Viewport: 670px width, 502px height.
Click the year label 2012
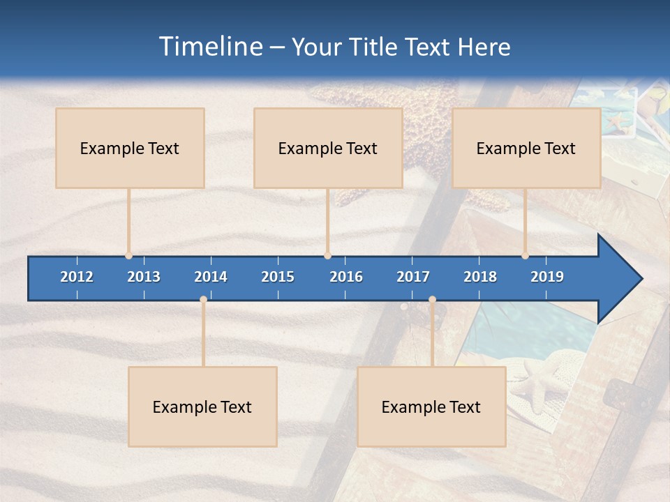(x=77, y=277)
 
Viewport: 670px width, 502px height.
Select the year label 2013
(x=144, y=277)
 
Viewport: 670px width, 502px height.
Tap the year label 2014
(x=211, y=277)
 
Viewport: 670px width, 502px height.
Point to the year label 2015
(x=278, y=277)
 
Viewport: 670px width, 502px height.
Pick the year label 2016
(x=346, y=277)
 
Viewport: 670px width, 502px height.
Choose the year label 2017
(x=413, y=277)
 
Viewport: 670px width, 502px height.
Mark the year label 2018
(x=480, y=277)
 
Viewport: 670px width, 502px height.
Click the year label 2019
(x=547, y=277)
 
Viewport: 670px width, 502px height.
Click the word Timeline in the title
(x=210, y=47)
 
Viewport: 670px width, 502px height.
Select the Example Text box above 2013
(x=130, y=148)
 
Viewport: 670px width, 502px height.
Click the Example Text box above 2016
(x=328, y=148)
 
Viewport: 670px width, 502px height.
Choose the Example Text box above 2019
(x=526, y=148)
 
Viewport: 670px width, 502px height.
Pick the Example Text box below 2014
(x=202, y=406)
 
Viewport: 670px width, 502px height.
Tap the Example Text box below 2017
(x=431, y=406)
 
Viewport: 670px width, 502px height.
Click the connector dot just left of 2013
(x=128, y=256)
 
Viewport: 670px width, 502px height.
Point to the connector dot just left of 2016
(x=327, y=256)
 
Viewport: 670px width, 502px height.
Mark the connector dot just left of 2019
(x=526, y=256)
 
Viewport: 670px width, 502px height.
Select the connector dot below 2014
(x=203, y=300)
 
